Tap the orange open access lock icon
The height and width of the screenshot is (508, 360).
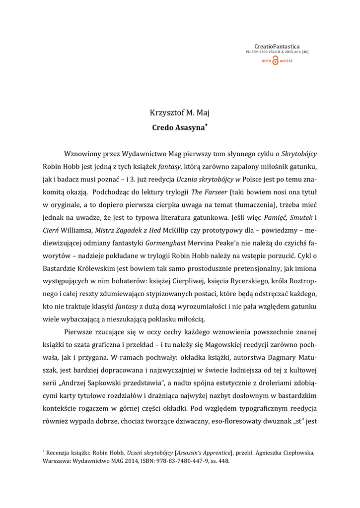coord(276,61)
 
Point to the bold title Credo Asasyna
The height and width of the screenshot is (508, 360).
coord(177,127)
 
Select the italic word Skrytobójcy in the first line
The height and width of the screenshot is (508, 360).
coord(299,154)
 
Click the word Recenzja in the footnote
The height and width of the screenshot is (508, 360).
coord(61,452)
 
